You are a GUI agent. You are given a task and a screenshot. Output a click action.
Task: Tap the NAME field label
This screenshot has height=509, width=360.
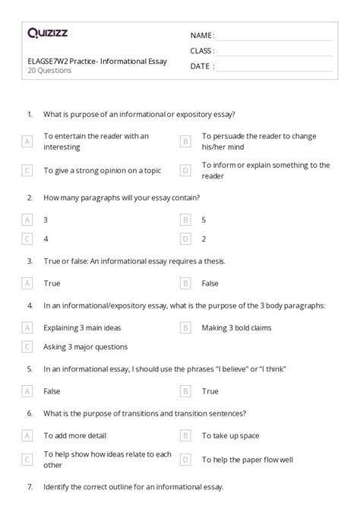(x=202, y=36)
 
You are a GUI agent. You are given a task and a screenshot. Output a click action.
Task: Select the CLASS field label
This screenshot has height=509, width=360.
(x=202, y=51)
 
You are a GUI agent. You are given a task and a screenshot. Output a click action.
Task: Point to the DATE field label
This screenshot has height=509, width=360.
(x=201, y=66)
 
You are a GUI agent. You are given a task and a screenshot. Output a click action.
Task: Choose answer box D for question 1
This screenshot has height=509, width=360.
(x=185, y=170)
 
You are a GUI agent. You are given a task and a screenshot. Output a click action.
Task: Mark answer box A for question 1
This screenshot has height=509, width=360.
(x=27, y=141)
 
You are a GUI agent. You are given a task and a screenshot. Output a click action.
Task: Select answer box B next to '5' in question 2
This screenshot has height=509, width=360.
(x=185, y=220)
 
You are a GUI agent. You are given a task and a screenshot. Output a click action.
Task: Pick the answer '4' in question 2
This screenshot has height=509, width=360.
(x=46, y=239)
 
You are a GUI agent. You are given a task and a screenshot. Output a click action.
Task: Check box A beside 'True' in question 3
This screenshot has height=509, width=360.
(x=27, y=283)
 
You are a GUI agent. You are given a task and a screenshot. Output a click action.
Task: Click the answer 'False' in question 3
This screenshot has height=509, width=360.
(x=210, y=283)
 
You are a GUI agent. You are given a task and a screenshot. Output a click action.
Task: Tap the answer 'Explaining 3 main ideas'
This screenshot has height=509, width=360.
(x=82, y=327)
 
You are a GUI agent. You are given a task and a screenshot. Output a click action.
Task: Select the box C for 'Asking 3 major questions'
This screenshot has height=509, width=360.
(x=27, y=346)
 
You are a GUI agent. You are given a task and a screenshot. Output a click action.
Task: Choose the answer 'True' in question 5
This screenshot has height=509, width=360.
(x=210, y=391)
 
